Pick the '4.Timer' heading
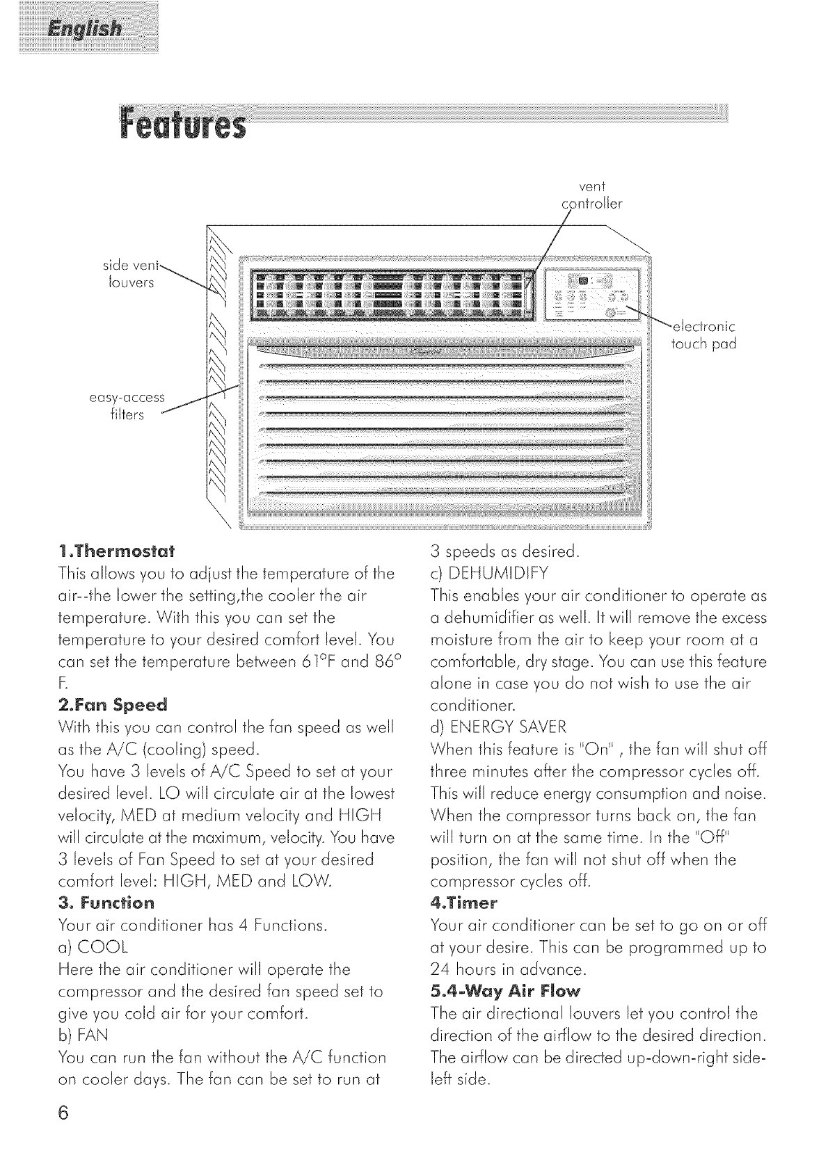[x=464, y=903]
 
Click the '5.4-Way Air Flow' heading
[x=505, y=990]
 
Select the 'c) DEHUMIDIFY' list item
[x=490, y=574]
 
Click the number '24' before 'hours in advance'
[x=443, y=969]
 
